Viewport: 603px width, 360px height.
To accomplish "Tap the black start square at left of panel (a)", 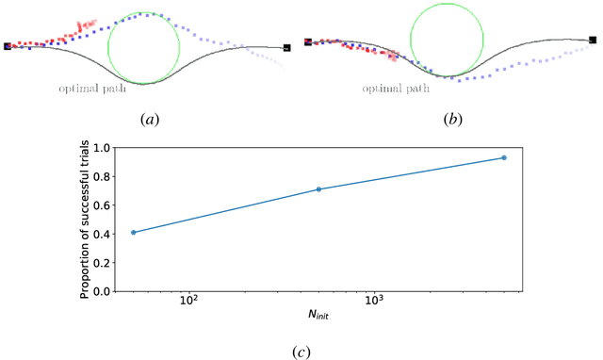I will coord(8,45).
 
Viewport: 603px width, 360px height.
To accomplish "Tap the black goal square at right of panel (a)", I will coord(286,46).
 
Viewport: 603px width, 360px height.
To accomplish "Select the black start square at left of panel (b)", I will coord(307,42).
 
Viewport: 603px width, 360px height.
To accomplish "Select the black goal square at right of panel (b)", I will coord(593,40).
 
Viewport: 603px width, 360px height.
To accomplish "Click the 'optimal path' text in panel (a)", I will coord(89,87).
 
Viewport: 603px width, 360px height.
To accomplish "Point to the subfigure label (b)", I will coord(447,120).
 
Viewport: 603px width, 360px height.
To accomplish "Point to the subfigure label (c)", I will coord(301,352).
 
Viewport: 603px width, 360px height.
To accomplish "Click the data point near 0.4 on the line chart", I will coord(134,232).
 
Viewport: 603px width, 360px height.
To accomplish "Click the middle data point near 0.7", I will coord(318,189).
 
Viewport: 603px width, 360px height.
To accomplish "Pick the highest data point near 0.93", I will coord(504,157).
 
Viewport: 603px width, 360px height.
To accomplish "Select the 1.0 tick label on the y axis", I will coord(102,148).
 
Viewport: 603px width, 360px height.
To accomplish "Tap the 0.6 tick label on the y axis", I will coord(102,205).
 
